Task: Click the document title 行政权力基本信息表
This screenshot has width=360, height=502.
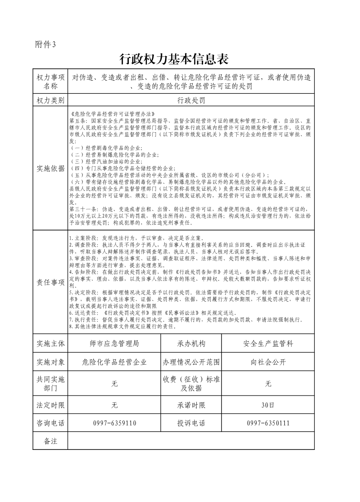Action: tap(174, 59)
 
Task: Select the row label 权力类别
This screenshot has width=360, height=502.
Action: tap(50, 100)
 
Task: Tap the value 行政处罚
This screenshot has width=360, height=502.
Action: tap(191, 100)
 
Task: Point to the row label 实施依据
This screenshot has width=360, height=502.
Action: tap(50, 169)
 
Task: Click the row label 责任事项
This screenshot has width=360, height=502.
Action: tap(50, 282)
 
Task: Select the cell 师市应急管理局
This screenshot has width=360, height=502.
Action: tap(114, 343)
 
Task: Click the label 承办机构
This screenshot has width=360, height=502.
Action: tap(191, 343)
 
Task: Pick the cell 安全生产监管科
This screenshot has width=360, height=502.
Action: tap(268, 343)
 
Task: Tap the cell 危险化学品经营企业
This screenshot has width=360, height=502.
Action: tap(114, 362)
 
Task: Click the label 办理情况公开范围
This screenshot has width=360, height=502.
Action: tap(191, 362)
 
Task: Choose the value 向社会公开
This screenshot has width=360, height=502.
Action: tap(268, 362)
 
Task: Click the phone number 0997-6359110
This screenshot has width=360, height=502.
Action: tap(114, 423)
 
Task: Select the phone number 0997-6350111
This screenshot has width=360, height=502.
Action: tap(268, 423)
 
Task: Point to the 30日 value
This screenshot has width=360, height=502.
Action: tap(268, 405)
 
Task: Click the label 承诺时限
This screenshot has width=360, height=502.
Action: tap(191, 405)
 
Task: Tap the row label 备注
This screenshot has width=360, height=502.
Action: tap(50, 441)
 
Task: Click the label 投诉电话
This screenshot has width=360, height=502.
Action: tap(191, 423)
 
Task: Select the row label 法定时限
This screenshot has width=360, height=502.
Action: tap(50, 405)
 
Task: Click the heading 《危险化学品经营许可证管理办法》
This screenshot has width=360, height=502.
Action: tap(113, 114)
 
